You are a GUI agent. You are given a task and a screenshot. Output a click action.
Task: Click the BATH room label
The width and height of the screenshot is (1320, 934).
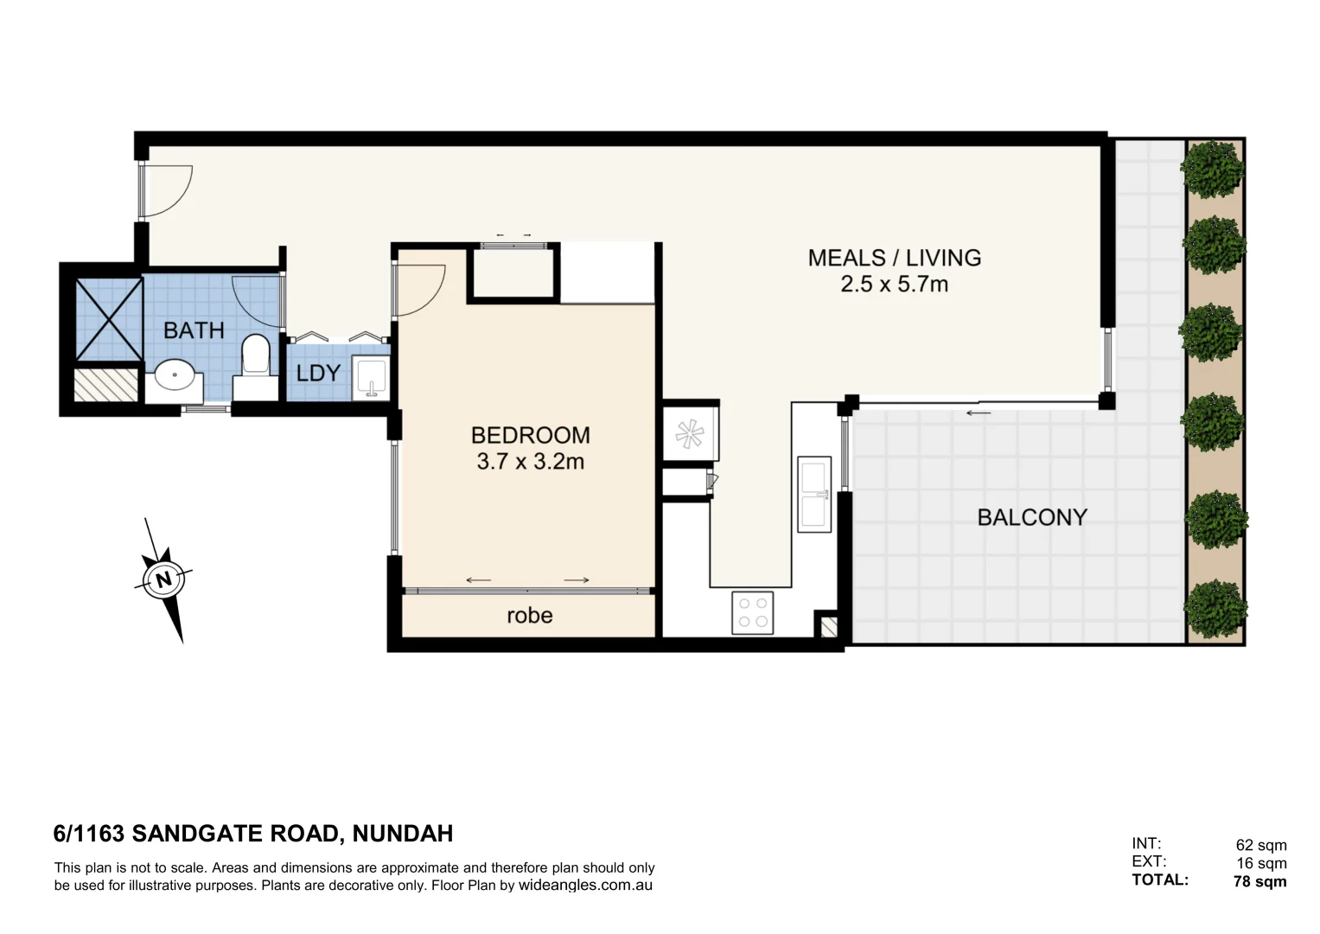tap(194, 330)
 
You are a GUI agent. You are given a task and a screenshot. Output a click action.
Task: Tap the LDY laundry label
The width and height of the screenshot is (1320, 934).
tap(318, 374)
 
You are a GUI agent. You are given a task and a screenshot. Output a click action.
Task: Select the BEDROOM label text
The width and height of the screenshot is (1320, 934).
tap(530, 435)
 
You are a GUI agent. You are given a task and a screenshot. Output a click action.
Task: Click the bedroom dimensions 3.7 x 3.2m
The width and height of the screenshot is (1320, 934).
tap(530, 462)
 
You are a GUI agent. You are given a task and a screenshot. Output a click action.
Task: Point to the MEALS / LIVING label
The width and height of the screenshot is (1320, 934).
tap(894, 258)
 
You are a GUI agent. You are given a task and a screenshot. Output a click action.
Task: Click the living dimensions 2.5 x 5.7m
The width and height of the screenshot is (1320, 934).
tap(894, 285)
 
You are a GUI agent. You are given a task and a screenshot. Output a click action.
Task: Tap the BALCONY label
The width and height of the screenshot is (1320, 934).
tap(1031, 517)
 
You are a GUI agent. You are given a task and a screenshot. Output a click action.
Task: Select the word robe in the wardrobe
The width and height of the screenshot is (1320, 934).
tap(529, 616)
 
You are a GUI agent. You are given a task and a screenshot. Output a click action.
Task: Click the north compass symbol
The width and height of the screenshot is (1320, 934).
tap(164, 579)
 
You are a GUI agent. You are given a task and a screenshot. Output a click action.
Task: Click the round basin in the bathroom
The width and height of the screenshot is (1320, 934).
tap(175, 377)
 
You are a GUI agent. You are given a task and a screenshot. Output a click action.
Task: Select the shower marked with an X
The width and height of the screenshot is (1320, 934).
tap(108, 318)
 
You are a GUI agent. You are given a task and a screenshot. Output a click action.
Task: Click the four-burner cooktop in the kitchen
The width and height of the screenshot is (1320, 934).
tap(752, 612)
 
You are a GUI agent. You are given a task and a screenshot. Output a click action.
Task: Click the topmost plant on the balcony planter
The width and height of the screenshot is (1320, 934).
tap(1215, 168)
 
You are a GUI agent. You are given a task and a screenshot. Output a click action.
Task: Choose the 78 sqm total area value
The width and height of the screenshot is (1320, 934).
tap(1259, 882)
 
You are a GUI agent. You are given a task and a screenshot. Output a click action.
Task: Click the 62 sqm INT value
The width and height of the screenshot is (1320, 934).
tap(1260, 845)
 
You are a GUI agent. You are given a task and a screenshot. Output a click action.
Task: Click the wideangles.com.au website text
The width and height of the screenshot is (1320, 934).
tap(585, 886)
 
